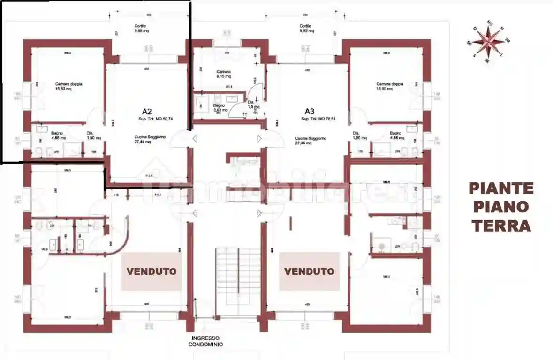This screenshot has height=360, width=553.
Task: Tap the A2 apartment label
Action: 147,112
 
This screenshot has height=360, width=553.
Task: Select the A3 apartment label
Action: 309,112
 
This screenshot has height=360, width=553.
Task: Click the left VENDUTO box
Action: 152,271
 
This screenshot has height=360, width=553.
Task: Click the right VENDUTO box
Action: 309,271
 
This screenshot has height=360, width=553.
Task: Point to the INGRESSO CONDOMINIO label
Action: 205,341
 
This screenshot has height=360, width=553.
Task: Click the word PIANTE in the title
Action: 501,188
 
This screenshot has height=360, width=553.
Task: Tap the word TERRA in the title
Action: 501,226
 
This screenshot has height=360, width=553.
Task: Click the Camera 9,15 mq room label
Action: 223,74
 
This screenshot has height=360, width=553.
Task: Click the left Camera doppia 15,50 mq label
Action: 68,86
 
